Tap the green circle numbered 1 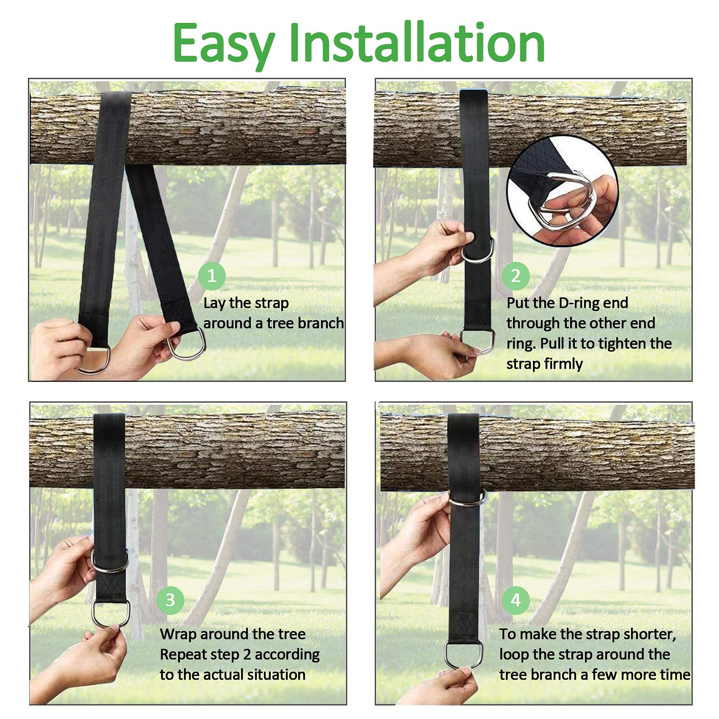211,276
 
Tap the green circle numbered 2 516,276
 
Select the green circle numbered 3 170,600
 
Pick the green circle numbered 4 516,600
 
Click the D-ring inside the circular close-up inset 567,199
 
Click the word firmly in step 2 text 562,364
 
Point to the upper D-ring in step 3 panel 109,562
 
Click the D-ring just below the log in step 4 467,499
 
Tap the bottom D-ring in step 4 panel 461,656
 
